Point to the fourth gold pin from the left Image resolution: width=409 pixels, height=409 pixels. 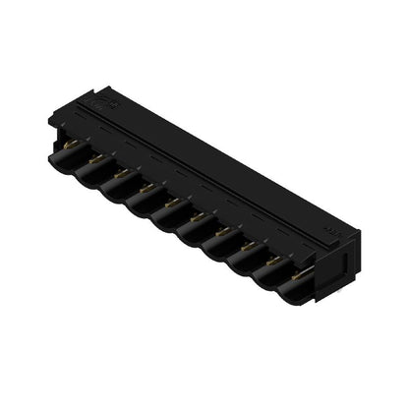pos(145,182)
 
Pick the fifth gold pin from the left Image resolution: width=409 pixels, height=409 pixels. pos(170,195)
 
